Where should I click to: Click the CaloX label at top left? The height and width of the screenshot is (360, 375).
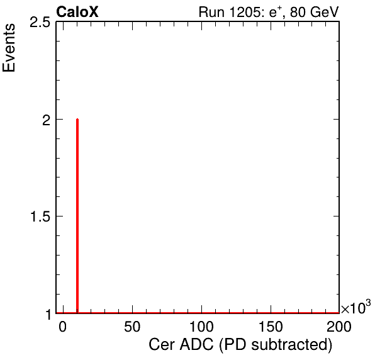pos(77,12)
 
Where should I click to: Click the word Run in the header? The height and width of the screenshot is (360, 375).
pos(212,12)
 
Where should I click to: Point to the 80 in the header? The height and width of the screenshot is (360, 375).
pos(298,12)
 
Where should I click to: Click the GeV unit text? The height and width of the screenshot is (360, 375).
pos(324,12)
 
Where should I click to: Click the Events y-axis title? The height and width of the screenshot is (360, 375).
pos(9,48)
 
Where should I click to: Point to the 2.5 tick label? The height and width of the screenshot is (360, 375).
pos(40,23)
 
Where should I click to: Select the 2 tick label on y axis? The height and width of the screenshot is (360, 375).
pos(46,121)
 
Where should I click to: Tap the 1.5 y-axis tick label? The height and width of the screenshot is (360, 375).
pos(40,217)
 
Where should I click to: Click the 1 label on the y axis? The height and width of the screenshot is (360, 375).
pos(49,315)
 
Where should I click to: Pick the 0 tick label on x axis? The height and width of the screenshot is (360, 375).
pos(63,327)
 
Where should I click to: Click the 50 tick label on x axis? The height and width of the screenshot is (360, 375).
pos(132,327)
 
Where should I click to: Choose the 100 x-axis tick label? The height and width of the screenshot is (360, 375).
pos(201,327)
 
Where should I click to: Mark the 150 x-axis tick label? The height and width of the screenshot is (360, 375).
pos(271,327)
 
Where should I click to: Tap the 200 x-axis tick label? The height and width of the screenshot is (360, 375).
pos(339,327)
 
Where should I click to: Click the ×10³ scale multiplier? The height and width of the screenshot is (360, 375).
pos(356,307)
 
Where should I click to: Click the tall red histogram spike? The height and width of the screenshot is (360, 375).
pos(77,216)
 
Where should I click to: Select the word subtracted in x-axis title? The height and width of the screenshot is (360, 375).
pos(292,345)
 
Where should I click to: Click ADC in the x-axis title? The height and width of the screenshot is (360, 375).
pos(196,345)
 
